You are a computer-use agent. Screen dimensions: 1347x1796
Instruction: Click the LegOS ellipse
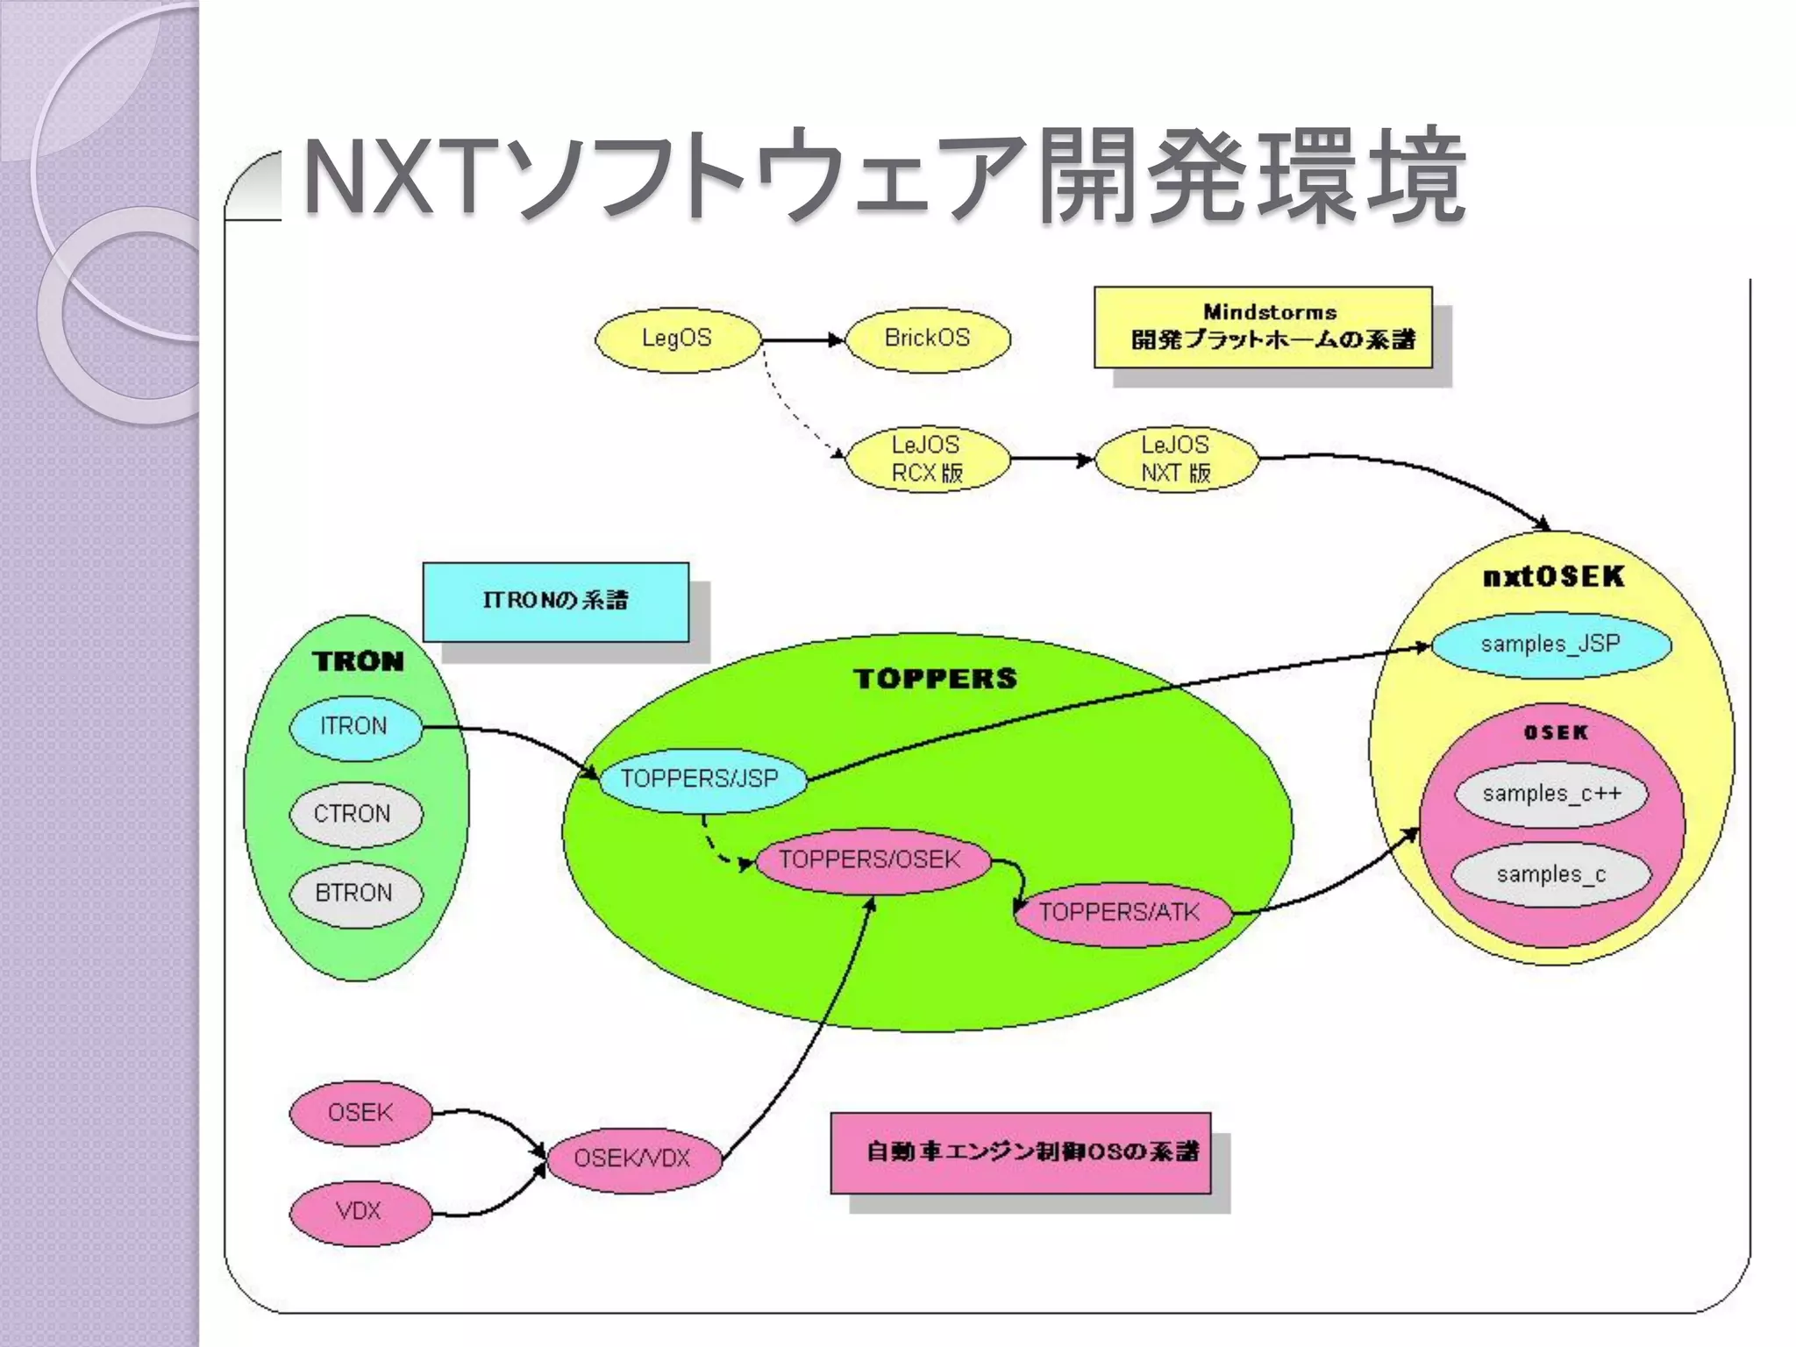point(677,339)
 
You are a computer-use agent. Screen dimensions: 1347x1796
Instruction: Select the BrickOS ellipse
point(927,339)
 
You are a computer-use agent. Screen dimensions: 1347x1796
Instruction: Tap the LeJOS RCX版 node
point(927,459)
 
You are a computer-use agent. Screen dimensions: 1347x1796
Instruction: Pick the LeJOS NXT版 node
point(1176,459)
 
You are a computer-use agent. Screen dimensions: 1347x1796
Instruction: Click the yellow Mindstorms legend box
point(1263,327)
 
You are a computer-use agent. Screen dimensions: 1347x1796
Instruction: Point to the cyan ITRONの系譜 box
point(555,602)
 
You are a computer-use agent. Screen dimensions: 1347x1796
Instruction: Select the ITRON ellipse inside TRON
point(354,727)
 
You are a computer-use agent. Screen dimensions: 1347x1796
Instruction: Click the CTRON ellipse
point(354,815)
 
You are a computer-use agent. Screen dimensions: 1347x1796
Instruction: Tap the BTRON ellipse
point(354,894)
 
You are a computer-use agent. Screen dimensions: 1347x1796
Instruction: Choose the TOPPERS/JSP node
point(701,779)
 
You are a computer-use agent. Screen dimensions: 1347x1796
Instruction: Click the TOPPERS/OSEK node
point(870,860)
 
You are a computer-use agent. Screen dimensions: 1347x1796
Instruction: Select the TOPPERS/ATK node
point(1120,914)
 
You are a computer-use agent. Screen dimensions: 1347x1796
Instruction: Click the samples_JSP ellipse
point(1550,645)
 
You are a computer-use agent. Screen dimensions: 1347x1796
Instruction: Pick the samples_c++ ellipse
point(1550,795)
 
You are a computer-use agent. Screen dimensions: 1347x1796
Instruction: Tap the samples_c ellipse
point(1550,875)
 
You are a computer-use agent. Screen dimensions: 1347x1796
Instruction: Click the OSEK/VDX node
point(632,1159)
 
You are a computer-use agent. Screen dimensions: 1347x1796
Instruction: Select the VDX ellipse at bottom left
point(360,1213)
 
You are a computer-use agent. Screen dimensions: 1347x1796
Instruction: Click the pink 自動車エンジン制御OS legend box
point(1020,1153)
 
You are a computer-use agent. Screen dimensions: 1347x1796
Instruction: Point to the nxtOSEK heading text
point(1553,577)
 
